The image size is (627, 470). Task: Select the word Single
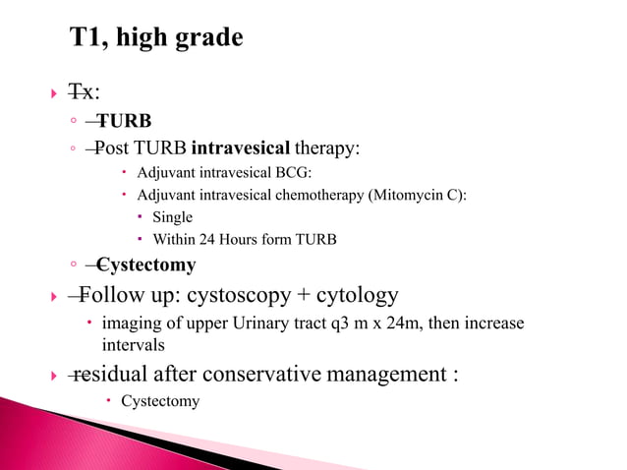[x=172, y=216]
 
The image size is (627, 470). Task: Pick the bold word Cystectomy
[x=146, y=264]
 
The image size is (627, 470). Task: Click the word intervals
[x=132, y=345]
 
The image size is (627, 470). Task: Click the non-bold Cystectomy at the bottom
[x=159, y=400]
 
